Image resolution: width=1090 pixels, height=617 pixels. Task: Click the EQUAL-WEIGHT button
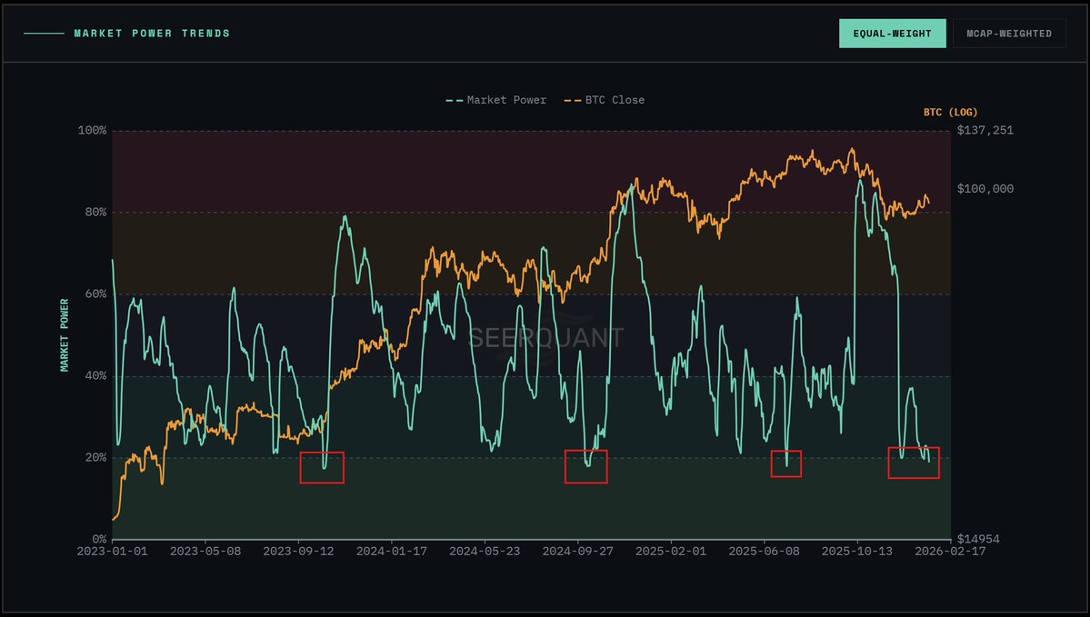892,34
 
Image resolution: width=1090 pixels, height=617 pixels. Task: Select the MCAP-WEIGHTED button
1009,34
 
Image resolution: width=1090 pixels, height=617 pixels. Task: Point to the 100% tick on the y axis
92,131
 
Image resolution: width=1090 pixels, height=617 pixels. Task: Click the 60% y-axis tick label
95,294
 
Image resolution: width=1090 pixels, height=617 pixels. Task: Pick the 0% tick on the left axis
98,540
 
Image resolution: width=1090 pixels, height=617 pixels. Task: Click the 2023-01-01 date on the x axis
112,551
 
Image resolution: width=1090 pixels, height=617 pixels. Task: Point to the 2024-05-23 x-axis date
485,551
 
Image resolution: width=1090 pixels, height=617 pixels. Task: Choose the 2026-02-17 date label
950,551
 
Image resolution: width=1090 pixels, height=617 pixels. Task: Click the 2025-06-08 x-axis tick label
764,551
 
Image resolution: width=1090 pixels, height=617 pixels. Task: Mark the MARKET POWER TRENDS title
152,34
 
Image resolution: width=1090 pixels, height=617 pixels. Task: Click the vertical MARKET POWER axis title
65,334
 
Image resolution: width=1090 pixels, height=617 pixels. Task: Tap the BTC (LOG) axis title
950,112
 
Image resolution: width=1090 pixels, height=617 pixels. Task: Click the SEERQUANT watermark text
545,339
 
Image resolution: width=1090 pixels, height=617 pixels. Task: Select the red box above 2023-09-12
322,467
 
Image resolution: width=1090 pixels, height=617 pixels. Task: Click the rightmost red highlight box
914,463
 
